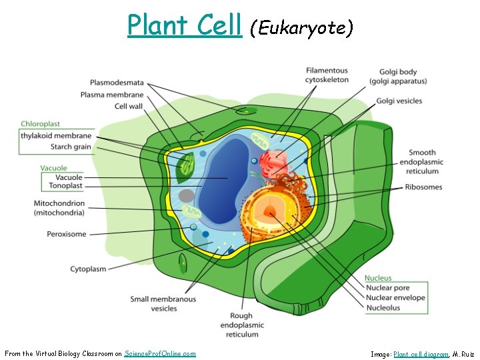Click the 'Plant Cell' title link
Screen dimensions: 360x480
pyautogui.click(x=184, y=25)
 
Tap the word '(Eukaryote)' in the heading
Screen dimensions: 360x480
pyautogui.click(x=301, y=28)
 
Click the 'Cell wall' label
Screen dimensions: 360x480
pyautogui.click(x=129, y=106)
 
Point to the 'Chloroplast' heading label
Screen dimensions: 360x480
pyautogui.click(x=40, y=124)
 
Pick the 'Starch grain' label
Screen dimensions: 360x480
pyautogui.click(x=70, y=147)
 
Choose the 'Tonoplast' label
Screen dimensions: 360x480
pyautogui.click(x=65, y=186)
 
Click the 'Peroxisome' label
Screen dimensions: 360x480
pyautogui.click(x=66, y=234)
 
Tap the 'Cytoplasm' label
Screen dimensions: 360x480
pyautogui.click(x=88, y=269)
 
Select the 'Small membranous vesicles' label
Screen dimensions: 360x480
pyautogui.click(x=163, y=304)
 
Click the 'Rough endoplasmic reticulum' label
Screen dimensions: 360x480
pyautogui.click(x=241, y=325)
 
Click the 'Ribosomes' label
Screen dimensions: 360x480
pyautogui.click(x=423, y=187)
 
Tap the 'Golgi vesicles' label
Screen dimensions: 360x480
pyautogui.click(x=399, y=101)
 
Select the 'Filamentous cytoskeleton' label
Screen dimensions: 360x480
pyautogui.click(x=327, y=75)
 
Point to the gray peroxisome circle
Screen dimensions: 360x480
pyautogui.click(x=187, y=196)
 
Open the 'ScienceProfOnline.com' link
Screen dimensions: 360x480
pyautogui.click(x=160, y=353)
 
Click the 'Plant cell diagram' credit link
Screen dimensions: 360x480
pyautogui.click(x=421, y=354)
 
